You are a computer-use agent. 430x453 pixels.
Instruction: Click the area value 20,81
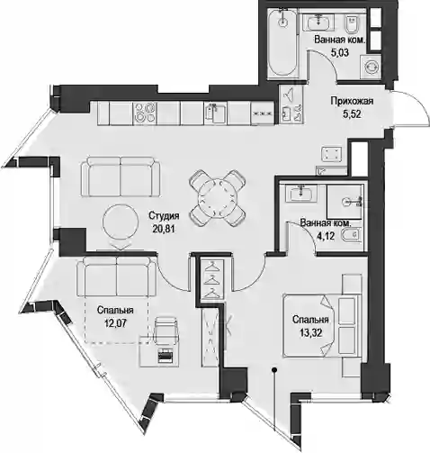pos(164,229)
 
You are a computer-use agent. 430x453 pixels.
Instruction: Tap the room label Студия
pos(164,215)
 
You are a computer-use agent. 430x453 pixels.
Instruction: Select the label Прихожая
pos(352,101)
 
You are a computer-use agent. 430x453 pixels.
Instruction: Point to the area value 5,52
pos(352,114)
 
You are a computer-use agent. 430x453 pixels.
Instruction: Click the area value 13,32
pos(310,332)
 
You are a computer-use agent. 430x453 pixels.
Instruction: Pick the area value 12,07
pos(115,323)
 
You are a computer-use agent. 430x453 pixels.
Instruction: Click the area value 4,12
pos(326,236)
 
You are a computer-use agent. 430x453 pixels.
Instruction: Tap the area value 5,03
pos(340,53)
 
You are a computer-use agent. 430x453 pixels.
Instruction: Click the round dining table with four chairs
pos(218,198)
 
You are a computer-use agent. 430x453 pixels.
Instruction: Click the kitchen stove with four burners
pos(145,113)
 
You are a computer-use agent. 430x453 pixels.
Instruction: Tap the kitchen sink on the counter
pos(216,113)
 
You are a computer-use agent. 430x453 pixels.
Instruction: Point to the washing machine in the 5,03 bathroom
pos(372,67)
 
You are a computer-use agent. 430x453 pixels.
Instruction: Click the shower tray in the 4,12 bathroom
pos(345,202)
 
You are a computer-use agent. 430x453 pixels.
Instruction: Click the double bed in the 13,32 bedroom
pos(322,326)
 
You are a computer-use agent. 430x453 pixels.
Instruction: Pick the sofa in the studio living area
pos(121,177)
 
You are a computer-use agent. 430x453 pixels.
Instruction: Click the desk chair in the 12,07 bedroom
pos(166,331)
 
